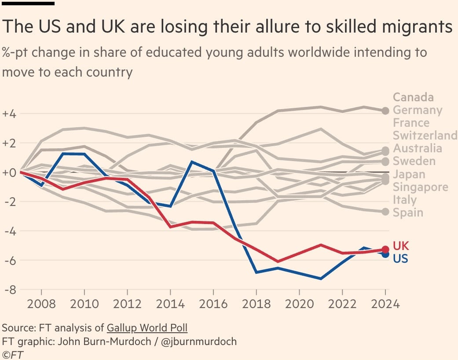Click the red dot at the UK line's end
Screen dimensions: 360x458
tap(385, 249)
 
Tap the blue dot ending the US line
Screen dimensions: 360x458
tap(385, 254)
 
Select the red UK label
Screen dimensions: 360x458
tap(400, 246)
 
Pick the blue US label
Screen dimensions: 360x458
tap(400, 259)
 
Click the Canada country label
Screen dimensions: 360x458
tap(413, 97)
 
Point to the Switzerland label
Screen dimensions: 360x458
tap(425, 135)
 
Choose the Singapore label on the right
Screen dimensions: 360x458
tap(420, 187)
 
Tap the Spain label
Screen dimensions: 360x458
tap(408, 213)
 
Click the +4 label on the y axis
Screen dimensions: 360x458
tap(10, 114)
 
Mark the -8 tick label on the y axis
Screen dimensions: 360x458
tap(11, 290)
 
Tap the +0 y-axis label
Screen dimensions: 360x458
tap(10, 172)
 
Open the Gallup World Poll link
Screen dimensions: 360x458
tap(150, 328)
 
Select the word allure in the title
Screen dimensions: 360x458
tap(253, 27)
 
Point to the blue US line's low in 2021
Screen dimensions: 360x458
tap(321, 279)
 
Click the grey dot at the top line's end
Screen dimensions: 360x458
tap(385, 110)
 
